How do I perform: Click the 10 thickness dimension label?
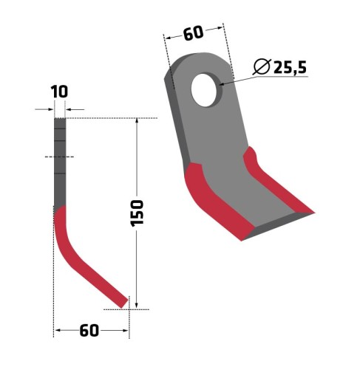click(59, 92)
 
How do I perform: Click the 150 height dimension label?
click(137, 213)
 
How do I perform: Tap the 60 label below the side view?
click(89, 330)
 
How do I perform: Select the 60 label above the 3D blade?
click(194, 33)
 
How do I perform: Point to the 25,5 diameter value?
click(290, 67)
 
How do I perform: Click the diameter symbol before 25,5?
click(262, 66)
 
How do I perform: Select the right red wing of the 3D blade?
click(276, 183)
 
